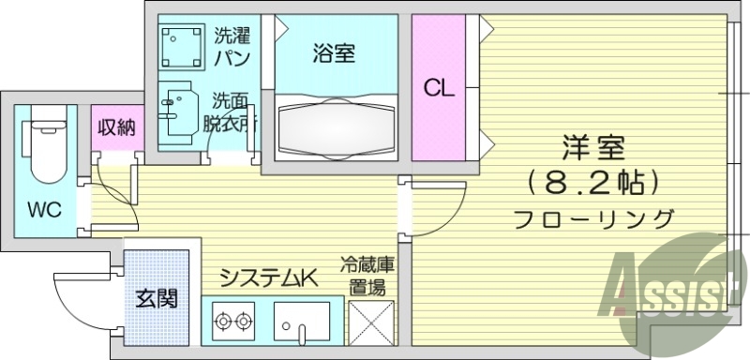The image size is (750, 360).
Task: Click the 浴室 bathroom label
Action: tap(334, 53)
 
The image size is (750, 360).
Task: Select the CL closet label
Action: tap(438, 89)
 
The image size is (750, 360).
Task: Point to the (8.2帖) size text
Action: tap(594, 181)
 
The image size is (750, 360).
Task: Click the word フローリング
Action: tap(594, 219)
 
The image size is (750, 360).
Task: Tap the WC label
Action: tap(44, 209)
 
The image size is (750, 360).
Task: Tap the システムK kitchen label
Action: tap(270, 277)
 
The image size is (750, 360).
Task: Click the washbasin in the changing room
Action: tap(178, 109)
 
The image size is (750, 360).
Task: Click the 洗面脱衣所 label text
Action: tap(232, 112)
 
